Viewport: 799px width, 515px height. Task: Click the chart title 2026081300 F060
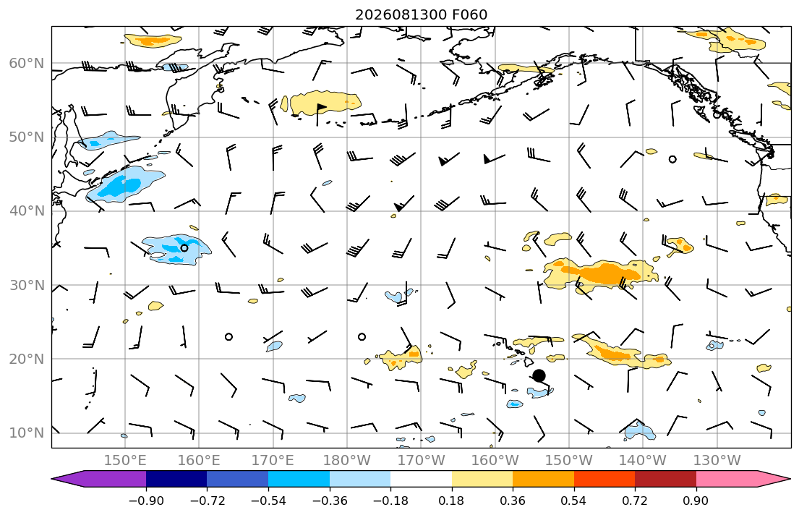421,14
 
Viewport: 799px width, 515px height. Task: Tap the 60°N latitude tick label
27,63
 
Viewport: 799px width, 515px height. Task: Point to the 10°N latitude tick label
27,433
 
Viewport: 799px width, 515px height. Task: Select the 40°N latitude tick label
27,211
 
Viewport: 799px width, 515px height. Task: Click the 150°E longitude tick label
125,461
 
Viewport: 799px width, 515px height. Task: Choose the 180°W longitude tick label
347,461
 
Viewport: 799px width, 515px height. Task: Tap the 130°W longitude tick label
717,461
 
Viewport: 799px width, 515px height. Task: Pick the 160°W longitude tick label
495,461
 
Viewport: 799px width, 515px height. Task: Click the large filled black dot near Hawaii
539,376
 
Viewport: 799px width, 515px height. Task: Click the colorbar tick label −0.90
146,501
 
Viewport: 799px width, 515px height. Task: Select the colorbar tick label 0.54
574,501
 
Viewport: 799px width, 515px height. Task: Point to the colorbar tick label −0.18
390,501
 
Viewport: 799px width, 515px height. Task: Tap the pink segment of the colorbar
727,479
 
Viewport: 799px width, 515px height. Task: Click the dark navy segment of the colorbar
176,479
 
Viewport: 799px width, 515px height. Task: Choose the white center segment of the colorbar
421,479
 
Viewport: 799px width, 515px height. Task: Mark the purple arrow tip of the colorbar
53,479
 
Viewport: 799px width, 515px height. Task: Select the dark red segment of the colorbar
665,479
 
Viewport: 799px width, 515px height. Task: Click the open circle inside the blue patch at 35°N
184,248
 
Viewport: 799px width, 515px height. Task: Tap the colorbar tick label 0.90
696,501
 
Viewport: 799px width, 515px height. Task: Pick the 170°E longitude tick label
273,461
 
